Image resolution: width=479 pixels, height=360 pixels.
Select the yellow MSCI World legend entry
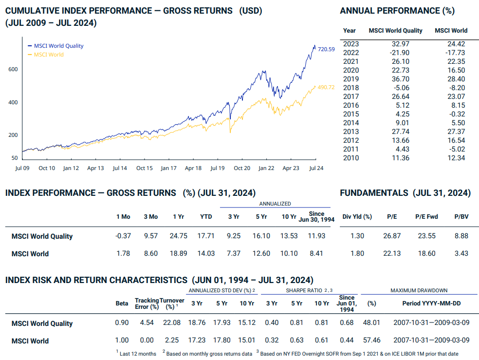point(49,55)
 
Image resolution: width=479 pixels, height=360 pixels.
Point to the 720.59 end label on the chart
point(326,49)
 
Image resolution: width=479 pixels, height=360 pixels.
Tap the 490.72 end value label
point(326,88)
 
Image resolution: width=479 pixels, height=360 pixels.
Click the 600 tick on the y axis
point(13,70)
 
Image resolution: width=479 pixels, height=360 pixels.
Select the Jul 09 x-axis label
point(22,168)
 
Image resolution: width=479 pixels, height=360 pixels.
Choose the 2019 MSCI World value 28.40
point(455,79)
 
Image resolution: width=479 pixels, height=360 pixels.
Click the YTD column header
point(206,217)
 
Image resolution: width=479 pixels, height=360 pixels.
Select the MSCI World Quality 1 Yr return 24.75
point(178,236)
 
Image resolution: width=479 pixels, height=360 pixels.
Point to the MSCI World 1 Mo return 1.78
point(124,253)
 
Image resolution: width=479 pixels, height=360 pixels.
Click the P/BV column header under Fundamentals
point(461,217)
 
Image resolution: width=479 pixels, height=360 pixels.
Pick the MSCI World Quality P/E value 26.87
point(391,236)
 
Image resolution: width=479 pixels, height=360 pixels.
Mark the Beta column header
point(122,303)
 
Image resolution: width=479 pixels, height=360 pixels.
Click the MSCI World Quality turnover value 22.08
point(171,323)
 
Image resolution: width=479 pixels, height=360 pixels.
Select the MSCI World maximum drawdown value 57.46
point(371,341)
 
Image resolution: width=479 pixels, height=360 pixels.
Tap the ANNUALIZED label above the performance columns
point(275,204)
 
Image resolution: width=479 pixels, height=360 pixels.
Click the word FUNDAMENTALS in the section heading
point(374,193)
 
